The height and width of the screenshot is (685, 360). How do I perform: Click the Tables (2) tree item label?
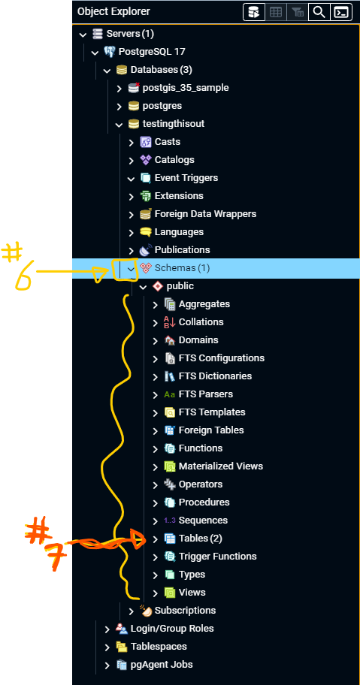pyautogui.click(x=201, y=539)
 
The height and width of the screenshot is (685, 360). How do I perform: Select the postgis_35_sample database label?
pyautogui.click(x=185, y=88)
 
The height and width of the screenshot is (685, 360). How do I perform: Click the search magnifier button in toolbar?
pyautogui.click(x=319, y=12)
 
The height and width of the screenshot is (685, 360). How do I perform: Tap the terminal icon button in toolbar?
pyautogui.click(x=341, y=12)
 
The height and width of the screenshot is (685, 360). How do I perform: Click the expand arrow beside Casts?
pyautogui.click(x=131, y=143)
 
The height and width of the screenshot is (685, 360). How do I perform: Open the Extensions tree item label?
pyautogui.click(x=179, y=196)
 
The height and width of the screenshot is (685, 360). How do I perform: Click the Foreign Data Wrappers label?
pyautogui.click(x=205, y=213)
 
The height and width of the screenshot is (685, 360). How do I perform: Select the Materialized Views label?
pyautogui.click(x=221, y=466)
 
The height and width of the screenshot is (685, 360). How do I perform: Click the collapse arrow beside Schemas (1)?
pyautogui.click(x=131, y=269)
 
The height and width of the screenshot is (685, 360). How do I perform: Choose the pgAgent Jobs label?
pyautogui.click(x=162, y=665)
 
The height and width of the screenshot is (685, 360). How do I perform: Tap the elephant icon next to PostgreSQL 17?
pyautogui.click(x=109, y=52)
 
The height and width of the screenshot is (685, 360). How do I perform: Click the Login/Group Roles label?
pyautogui.click(x=172, y=629)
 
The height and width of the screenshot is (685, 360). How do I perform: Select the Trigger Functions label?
pyautogui.click(x=217, y=556)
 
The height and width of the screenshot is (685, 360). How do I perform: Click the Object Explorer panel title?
pyautogui.click(x=113, y=12)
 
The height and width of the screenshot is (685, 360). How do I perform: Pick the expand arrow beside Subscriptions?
pyautogui.click(x=131, y=611)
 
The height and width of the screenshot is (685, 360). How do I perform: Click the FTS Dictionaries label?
pyautogui.click(x=215, y=376)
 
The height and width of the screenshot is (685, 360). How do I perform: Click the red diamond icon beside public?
pyautogui.click(x=157, y=287)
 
